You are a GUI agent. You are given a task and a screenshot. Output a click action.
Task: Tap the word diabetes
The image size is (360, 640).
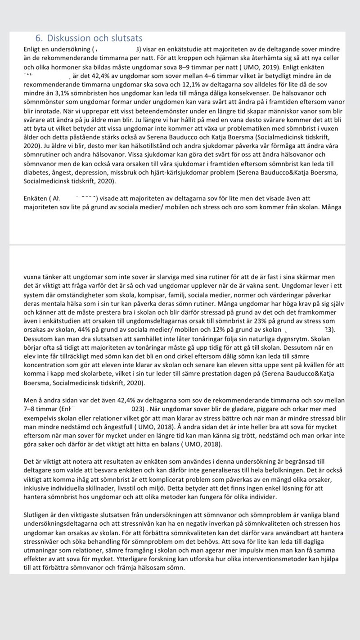point(37,172)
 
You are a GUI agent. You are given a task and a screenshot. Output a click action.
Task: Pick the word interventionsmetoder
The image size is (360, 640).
point(247,558)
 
